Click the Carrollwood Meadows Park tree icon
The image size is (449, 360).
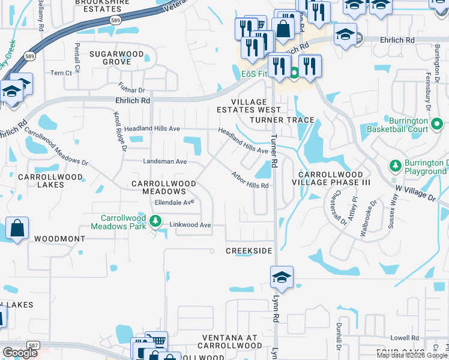click(x=156, y=221)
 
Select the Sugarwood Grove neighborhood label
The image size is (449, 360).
click(x=117, y=58)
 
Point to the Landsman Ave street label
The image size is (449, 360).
click(x=165, y=161)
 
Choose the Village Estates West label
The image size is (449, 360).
click(x=249, y=106)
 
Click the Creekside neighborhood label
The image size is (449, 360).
click(x=249, y=250)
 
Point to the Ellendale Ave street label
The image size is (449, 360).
click(x=174, y=202)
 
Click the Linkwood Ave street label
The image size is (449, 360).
click(x=191, y=225)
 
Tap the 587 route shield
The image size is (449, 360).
click(x=34, y=346)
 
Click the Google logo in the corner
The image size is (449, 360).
click(x=20, y=353)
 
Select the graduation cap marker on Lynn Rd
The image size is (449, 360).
click(x=282, y=277)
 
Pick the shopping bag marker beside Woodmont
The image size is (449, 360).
click(x=17, y=228)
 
